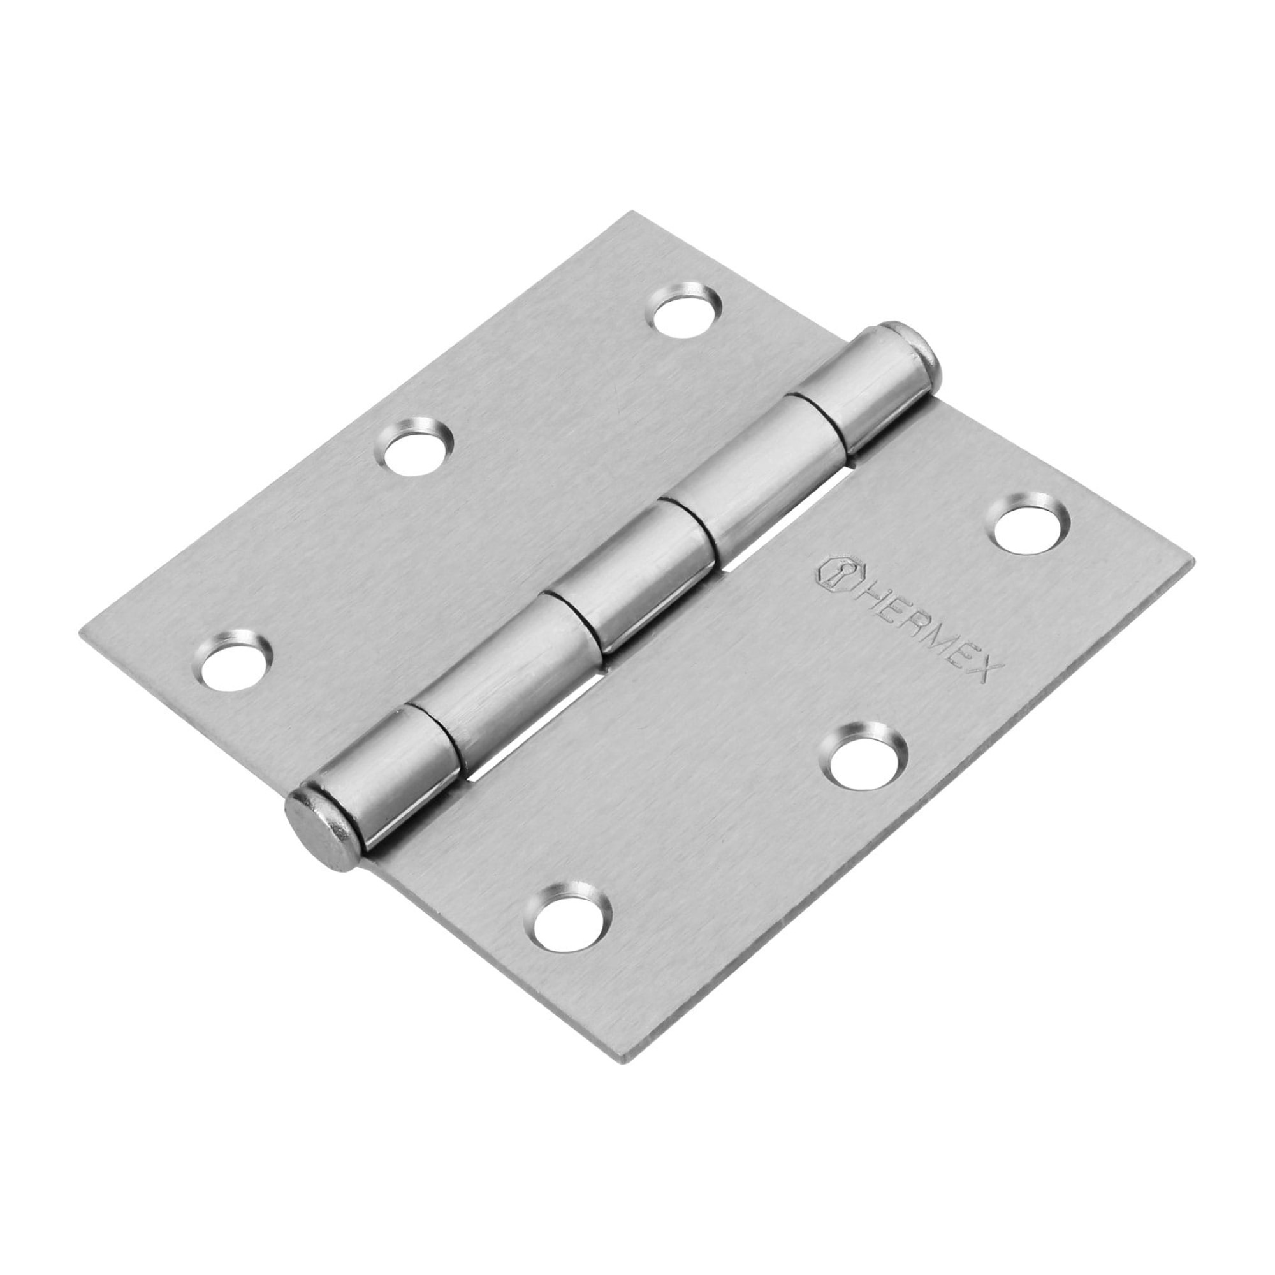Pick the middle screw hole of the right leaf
click(x=864, y=761)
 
